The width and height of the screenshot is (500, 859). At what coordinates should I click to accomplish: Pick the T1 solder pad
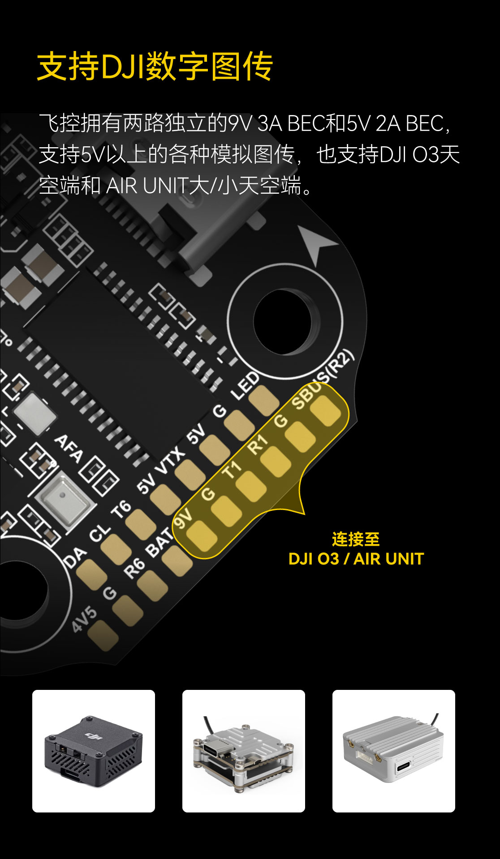[250, 486]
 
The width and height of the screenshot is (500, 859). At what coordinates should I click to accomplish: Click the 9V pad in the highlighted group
[201, 536]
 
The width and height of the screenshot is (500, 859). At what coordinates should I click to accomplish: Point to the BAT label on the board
[160, 542]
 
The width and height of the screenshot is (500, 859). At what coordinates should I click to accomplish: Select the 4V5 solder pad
[103, 636]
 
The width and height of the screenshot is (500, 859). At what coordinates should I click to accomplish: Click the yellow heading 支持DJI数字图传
[155, 67]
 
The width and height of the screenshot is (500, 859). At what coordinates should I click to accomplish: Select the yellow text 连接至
[356, 539]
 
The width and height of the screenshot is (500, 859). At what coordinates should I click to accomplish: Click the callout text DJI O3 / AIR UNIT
[356, 559]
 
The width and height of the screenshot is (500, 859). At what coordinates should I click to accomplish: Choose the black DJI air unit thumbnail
[94, 751]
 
